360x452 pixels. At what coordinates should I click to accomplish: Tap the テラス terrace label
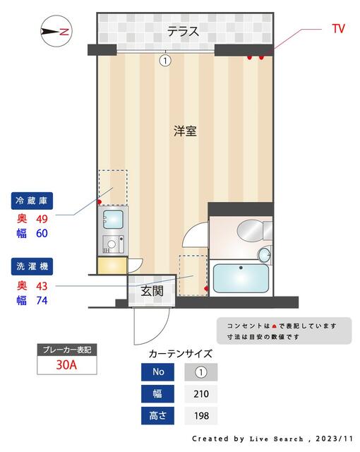coord(182,31)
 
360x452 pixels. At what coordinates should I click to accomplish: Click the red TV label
coord(338,28)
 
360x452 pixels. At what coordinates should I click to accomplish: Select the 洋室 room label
coord(185,131)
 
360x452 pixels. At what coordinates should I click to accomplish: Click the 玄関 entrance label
coord(152,290)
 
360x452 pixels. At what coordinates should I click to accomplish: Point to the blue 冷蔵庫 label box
coord(34,201)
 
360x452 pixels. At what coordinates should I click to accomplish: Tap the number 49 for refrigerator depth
coord(42,218)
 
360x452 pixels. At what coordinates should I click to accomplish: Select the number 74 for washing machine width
coord(42,300)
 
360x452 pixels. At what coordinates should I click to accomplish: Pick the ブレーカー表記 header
coord(67,350)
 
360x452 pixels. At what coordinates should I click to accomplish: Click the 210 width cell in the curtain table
coord(201,393)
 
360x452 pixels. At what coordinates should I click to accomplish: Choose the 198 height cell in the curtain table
coord(201,416)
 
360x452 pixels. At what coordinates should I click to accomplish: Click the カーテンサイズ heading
coord(180,354)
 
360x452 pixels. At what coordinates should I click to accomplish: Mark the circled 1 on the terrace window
coord(165,61)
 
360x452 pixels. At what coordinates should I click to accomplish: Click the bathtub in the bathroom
coord(240,278)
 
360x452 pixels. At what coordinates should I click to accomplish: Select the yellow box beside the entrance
coord(112,266)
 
